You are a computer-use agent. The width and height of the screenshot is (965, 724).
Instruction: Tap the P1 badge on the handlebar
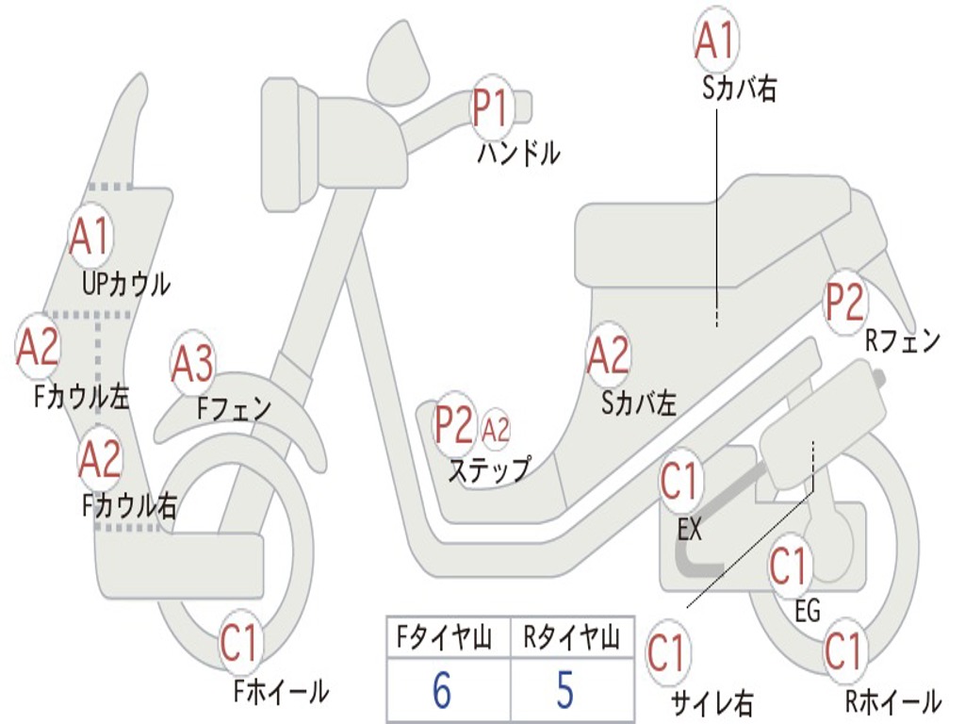point(490,107)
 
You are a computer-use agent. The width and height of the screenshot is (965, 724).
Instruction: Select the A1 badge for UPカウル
point(90,237)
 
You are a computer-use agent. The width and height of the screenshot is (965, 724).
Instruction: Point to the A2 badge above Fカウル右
point(100,459)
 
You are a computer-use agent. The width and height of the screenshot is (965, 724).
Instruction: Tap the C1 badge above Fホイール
point(239,644)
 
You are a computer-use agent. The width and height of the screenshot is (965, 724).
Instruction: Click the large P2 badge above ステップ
point(454,425)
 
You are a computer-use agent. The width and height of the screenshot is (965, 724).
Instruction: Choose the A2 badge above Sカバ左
point(608,355)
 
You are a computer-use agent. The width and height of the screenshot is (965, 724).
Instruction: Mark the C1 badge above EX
point(680,482)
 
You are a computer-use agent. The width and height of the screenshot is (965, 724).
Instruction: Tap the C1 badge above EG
point(790,567)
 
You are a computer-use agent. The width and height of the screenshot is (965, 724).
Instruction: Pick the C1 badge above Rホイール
point(844,651)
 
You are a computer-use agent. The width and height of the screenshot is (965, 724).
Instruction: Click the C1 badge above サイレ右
point(667,652)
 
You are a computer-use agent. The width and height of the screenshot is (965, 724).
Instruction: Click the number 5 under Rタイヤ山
point(565,691)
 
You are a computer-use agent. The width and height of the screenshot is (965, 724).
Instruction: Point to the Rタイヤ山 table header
point(571,640)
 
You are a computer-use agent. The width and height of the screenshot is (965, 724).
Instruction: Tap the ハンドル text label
point(518,153)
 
